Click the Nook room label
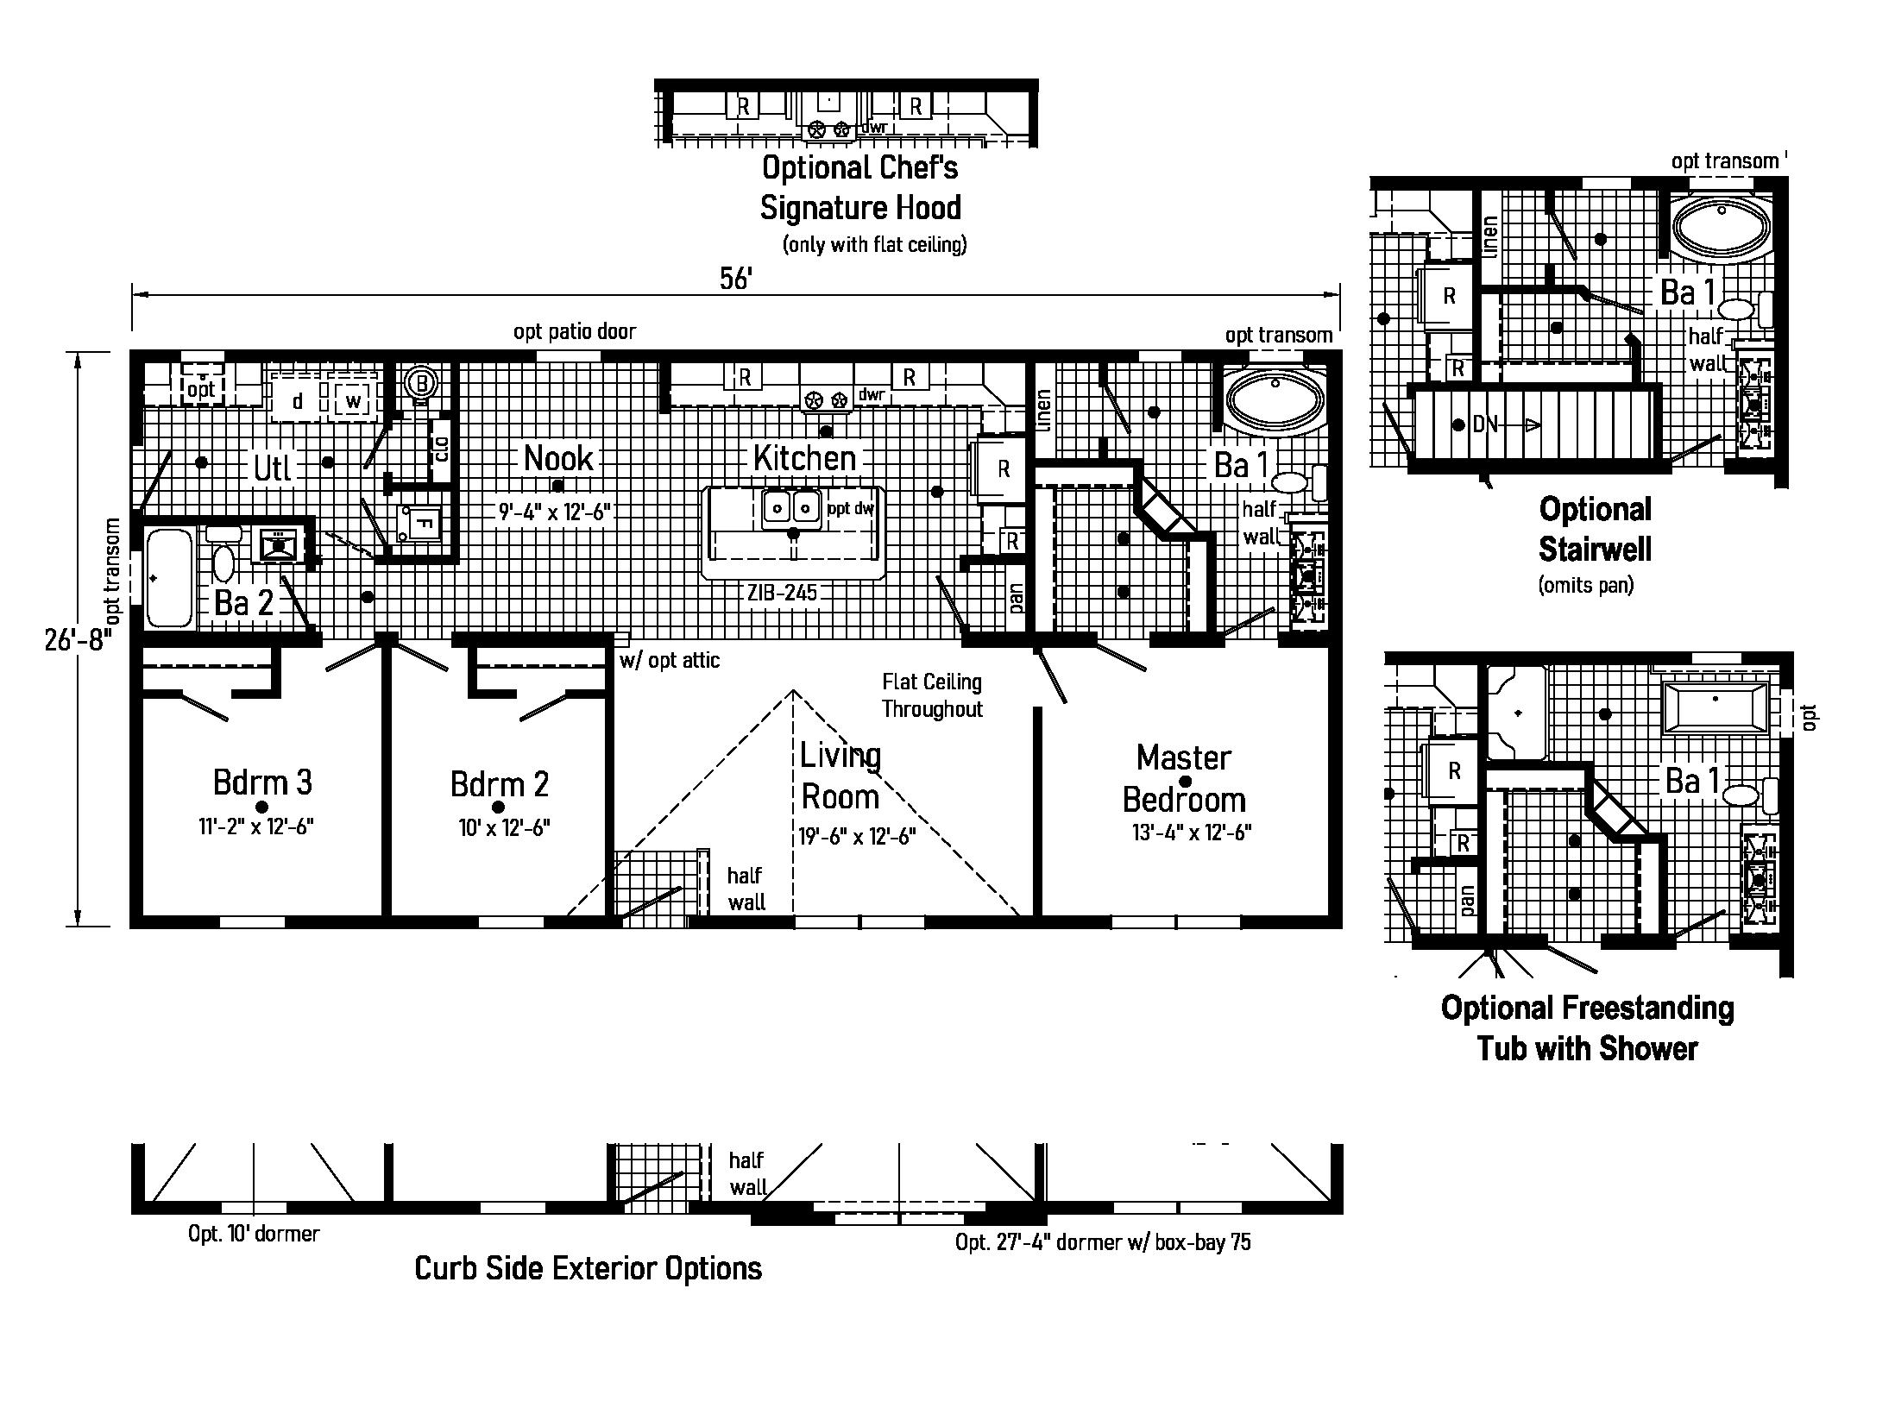558,458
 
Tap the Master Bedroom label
1184,779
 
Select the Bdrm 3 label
262,782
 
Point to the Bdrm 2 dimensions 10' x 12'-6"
505,828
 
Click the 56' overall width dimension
736,280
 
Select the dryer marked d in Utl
298,401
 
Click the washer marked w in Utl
353,401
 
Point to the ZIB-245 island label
783,593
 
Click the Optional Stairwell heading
1595,529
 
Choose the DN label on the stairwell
1485,424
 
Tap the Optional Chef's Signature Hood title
859,188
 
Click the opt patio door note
575,332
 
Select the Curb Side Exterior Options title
589,1268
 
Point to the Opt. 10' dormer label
254,1234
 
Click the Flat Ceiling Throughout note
932,695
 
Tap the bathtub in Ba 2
169,578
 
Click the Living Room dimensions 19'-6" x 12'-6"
857,836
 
